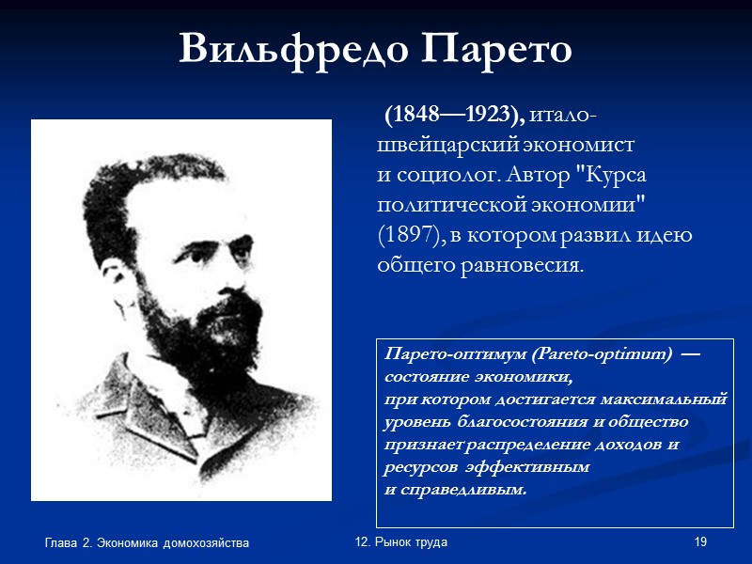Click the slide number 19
[x=699, y=542]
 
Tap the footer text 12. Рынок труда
[x=401, y=542]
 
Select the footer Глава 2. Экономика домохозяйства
[x=147, y=543]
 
